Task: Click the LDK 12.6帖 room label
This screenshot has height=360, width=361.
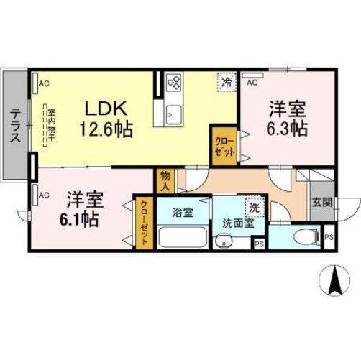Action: [107, 119]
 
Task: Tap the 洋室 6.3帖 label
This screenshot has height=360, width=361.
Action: [288, 119]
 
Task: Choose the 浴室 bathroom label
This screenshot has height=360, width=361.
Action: [182, 213]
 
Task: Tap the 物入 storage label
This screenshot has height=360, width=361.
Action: [165, 180]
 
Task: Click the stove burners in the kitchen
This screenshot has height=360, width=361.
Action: [173, 83]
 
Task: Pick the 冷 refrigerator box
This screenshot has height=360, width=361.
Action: [227, 83]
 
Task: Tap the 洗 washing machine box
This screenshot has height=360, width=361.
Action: [254, 206]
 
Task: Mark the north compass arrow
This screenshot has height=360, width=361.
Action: [333, 280]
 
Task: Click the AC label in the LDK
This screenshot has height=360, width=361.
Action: [44, 83]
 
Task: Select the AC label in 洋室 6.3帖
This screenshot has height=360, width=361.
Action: [252, 83]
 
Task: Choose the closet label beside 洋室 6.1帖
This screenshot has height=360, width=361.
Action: [144, 222]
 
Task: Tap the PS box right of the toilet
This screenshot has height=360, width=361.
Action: [329, 237]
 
